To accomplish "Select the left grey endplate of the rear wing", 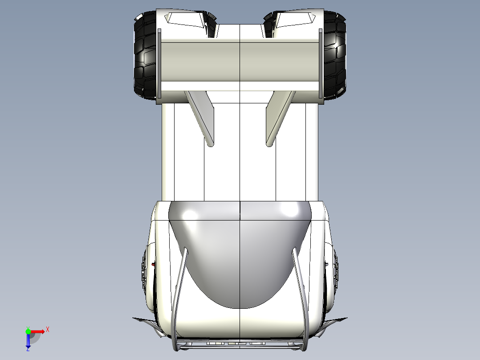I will tap(159, 63).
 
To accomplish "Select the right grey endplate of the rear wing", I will tap(320, 63).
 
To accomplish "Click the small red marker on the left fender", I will tap(154, 264).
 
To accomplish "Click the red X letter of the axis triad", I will tap(48, 329).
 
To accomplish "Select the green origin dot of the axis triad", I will tap(28, 331).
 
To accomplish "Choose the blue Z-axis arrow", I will tap(28, 341).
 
